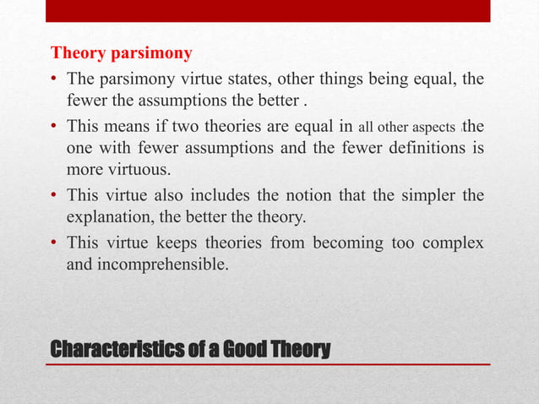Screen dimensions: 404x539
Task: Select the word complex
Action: point(455,243)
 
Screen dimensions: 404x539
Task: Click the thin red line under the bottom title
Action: point(270,363)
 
